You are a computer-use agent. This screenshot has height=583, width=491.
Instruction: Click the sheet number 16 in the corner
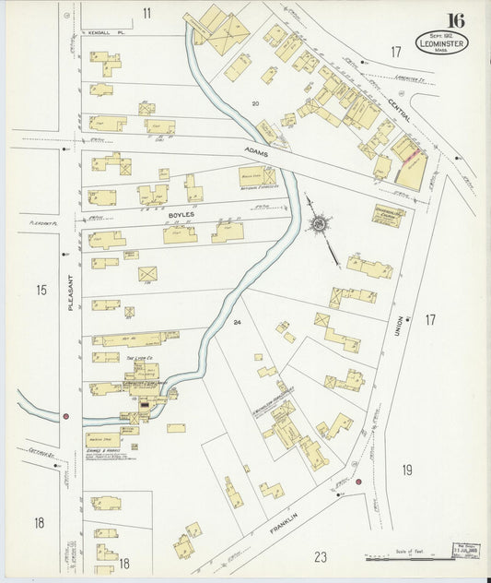pos(455,20)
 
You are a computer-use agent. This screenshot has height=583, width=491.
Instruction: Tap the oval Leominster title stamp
pos(441,41)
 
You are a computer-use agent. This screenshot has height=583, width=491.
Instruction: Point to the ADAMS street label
pos(257,149)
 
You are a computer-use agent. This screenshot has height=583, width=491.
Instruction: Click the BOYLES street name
pos(183,215)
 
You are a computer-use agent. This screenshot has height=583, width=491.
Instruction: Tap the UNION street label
pos(400,320)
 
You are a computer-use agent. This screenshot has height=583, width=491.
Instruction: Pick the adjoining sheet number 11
pos(146,12)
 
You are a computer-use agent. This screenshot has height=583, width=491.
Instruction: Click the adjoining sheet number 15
pos(41,291)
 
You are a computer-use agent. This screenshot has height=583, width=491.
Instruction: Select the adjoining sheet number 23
pos(321,556)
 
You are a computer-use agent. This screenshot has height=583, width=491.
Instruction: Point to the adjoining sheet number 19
pos(406,470)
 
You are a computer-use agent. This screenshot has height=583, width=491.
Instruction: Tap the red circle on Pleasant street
pos(65,416)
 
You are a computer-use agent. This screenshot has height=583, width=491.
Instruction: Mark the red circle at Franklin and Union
pos(358,481)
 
